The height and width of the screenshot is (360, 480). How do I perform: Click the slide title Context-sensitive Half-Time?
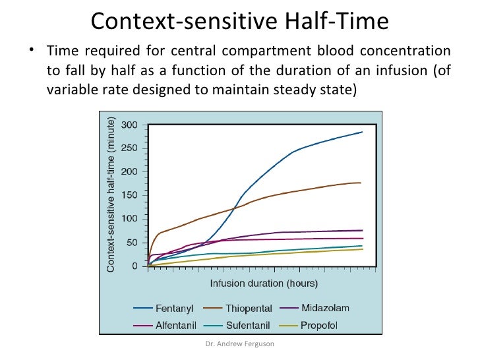click(x=240, y=21)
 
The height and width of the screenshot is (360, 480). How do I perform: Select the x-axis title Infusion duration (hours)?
click(x=264, y=284)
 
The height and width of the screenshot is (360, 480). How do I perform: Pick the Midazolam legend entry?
click(x=325, y=308)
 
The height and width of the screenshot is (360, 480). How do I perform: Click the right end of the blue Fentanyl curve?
click(x=363, y=132)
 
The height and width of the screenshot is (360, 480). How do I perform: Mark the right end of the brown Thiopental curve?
click(x=361, y=183)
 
